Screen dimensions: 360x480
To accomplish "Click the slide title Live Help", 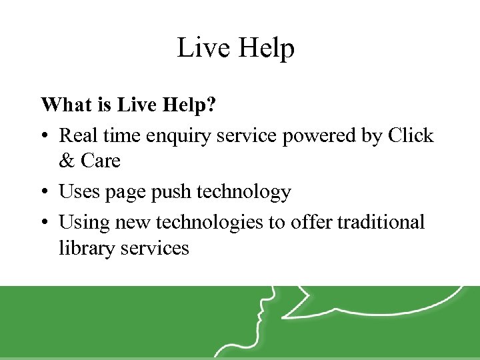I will click(x=235, y=49).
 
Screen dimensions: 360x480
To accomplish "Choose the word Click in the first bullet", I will click(x=410, y=136).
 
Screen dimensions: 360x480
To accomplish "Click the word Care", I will click(x=100, y=161).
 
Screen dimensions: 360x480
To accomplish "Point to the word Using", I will click(x=81, y=223).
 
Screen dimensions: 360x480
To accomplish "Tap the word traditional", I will click(x=381, y=221).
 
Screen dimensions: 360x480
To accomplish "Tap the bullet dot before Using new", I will click(x=44, y=223).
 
